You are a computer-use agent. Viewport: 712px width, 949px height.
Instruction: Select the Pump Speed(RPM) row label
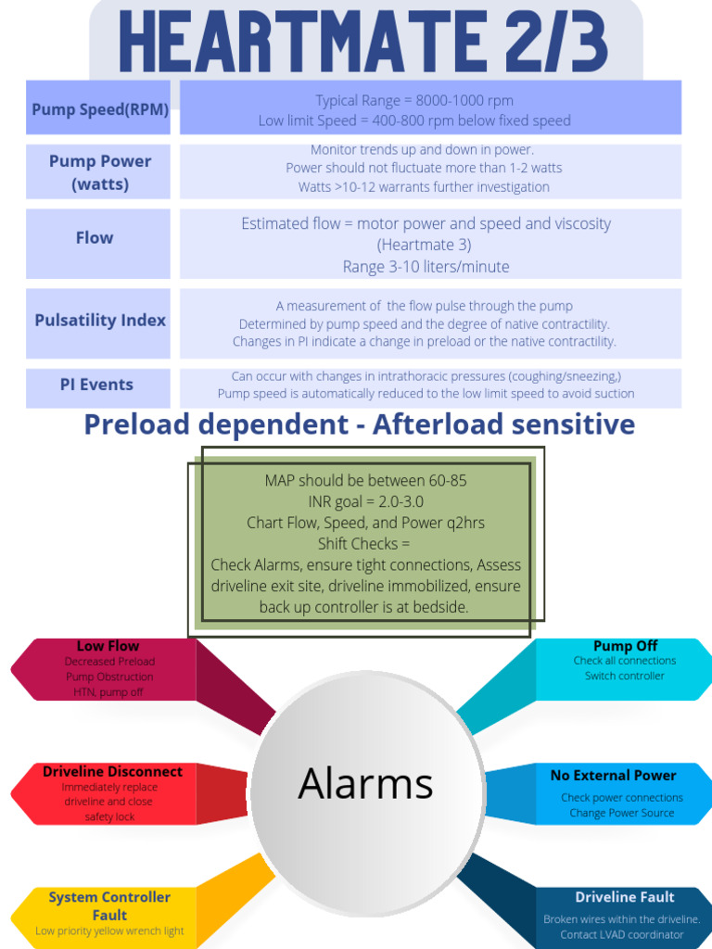point(100,109)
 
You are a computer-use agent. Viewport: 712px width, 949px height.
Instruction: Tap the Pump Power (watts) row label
point(100,172)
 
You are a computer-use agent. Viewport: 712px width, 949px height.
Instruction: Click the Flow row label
point(95,238)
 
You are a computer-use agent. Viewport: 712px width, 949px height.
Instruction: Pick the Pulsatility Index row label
point(100,321)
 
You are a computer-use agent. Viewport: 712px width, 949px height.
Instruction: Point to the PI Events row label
point(96,385)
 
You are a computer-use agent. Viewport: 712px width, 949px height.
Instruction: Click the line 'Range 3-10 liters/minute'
point(426,267)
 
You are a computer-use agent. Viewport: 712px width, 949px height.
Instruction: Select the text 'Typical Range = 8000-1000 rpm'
point(413,100)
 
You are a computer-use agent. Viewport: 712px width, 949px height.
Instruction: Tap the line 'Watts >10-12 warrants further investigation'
point(424,187)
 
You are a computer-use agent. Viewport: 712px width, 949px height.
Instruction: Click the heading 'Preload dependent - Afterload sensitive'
point(360,424)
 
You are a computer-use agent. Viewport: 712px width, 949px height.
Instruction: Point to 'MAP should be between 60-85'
point(365,480)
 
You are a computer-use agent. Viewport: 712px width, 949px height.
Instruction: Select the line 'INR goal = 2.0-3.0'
point(365,501)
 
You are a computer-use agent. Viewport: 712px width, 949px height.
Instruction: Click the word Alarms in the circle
point(365,784)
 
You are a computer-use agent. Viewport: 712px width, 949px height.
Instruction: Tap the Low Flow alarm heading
point(108,646)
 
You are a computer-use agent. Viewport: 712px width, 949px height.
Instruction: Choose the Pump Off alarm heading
point(625,646)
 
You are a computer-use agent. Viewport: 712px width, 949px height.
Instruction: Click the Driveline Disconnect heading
point(112,771)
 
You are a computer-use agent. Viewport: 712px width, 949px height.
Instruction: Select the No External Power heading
point(613,776)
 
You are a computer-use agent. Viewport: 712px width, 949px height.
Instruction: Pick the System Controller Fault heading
point(109,905)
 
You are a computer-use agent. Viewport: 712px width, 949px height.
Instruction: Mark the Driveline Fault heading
point(624,897)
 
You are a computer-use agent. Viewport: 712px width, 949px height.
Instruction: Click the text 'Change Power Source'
point(621,814)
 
